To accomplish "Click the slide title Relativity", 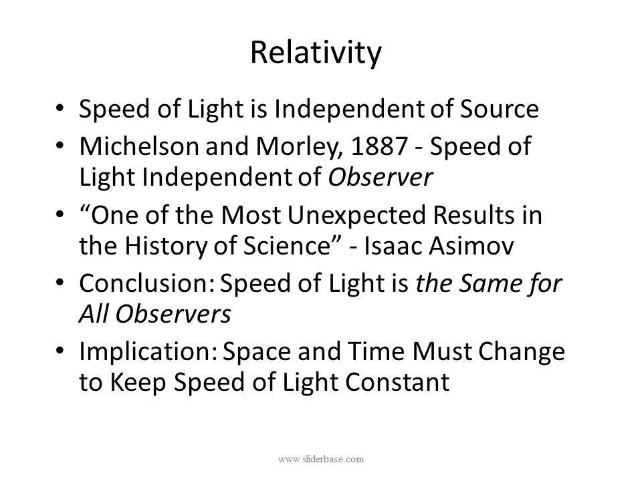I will tap(316, 53).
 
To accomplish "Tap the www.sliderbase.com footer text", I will tap(320, 459).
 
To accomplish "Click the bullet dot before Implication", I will tap(61, 352).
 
